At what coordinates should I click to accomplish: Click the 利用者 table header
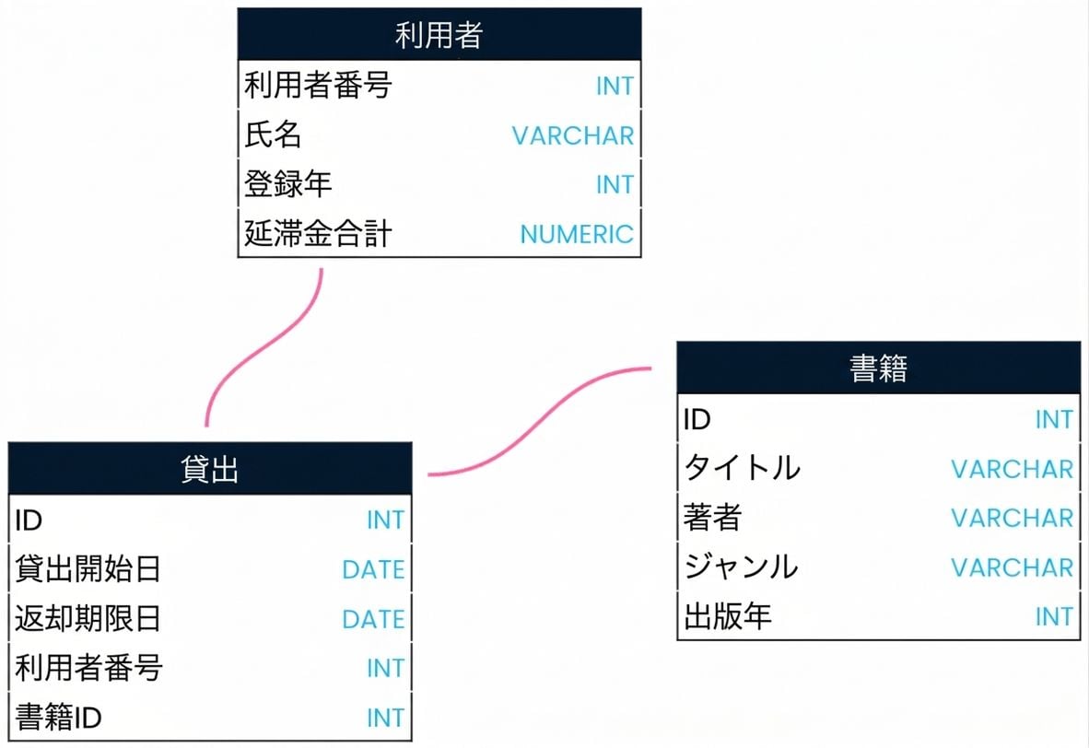tap(439, 34)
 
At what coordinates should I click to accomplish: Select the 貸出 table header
tap(210, 469)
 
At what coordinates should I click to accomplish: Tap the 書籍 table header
tap(879, 368)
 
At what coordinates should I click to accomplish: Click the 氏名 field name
tap(273, 134)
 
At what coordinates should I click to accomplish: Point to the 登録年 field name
tap(287, 184)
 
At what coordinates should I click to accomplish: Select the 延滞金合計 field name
tap(317, 233)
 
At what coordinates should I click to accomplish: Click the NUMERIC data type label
tap(577, 235)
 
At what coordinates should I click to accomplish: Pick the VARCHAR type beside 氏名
tap(573, 136)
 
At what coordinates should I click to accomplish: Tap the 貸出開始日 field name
tap(88, 568)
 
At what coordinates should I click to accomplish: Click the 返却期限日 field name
tap(88, 618)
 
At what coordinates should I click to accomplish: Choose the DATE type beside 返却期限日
tap(373, 620)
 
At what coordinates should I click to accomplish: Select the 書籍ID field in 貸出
tap(58, 717)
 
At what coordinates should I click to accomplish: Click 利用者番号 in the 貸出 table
tap(88, 668)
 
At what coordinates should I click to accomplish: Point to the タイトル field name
tap(742, 467)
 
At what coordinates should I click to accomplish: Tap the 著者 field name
tap(712, 518)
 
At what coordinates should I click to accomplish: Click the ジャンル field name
tap(741, 567)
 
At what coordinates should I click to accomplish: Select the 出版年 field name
tap(727, 616)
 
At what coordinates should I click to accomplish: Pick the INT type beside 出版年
tap(1054, 617)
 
